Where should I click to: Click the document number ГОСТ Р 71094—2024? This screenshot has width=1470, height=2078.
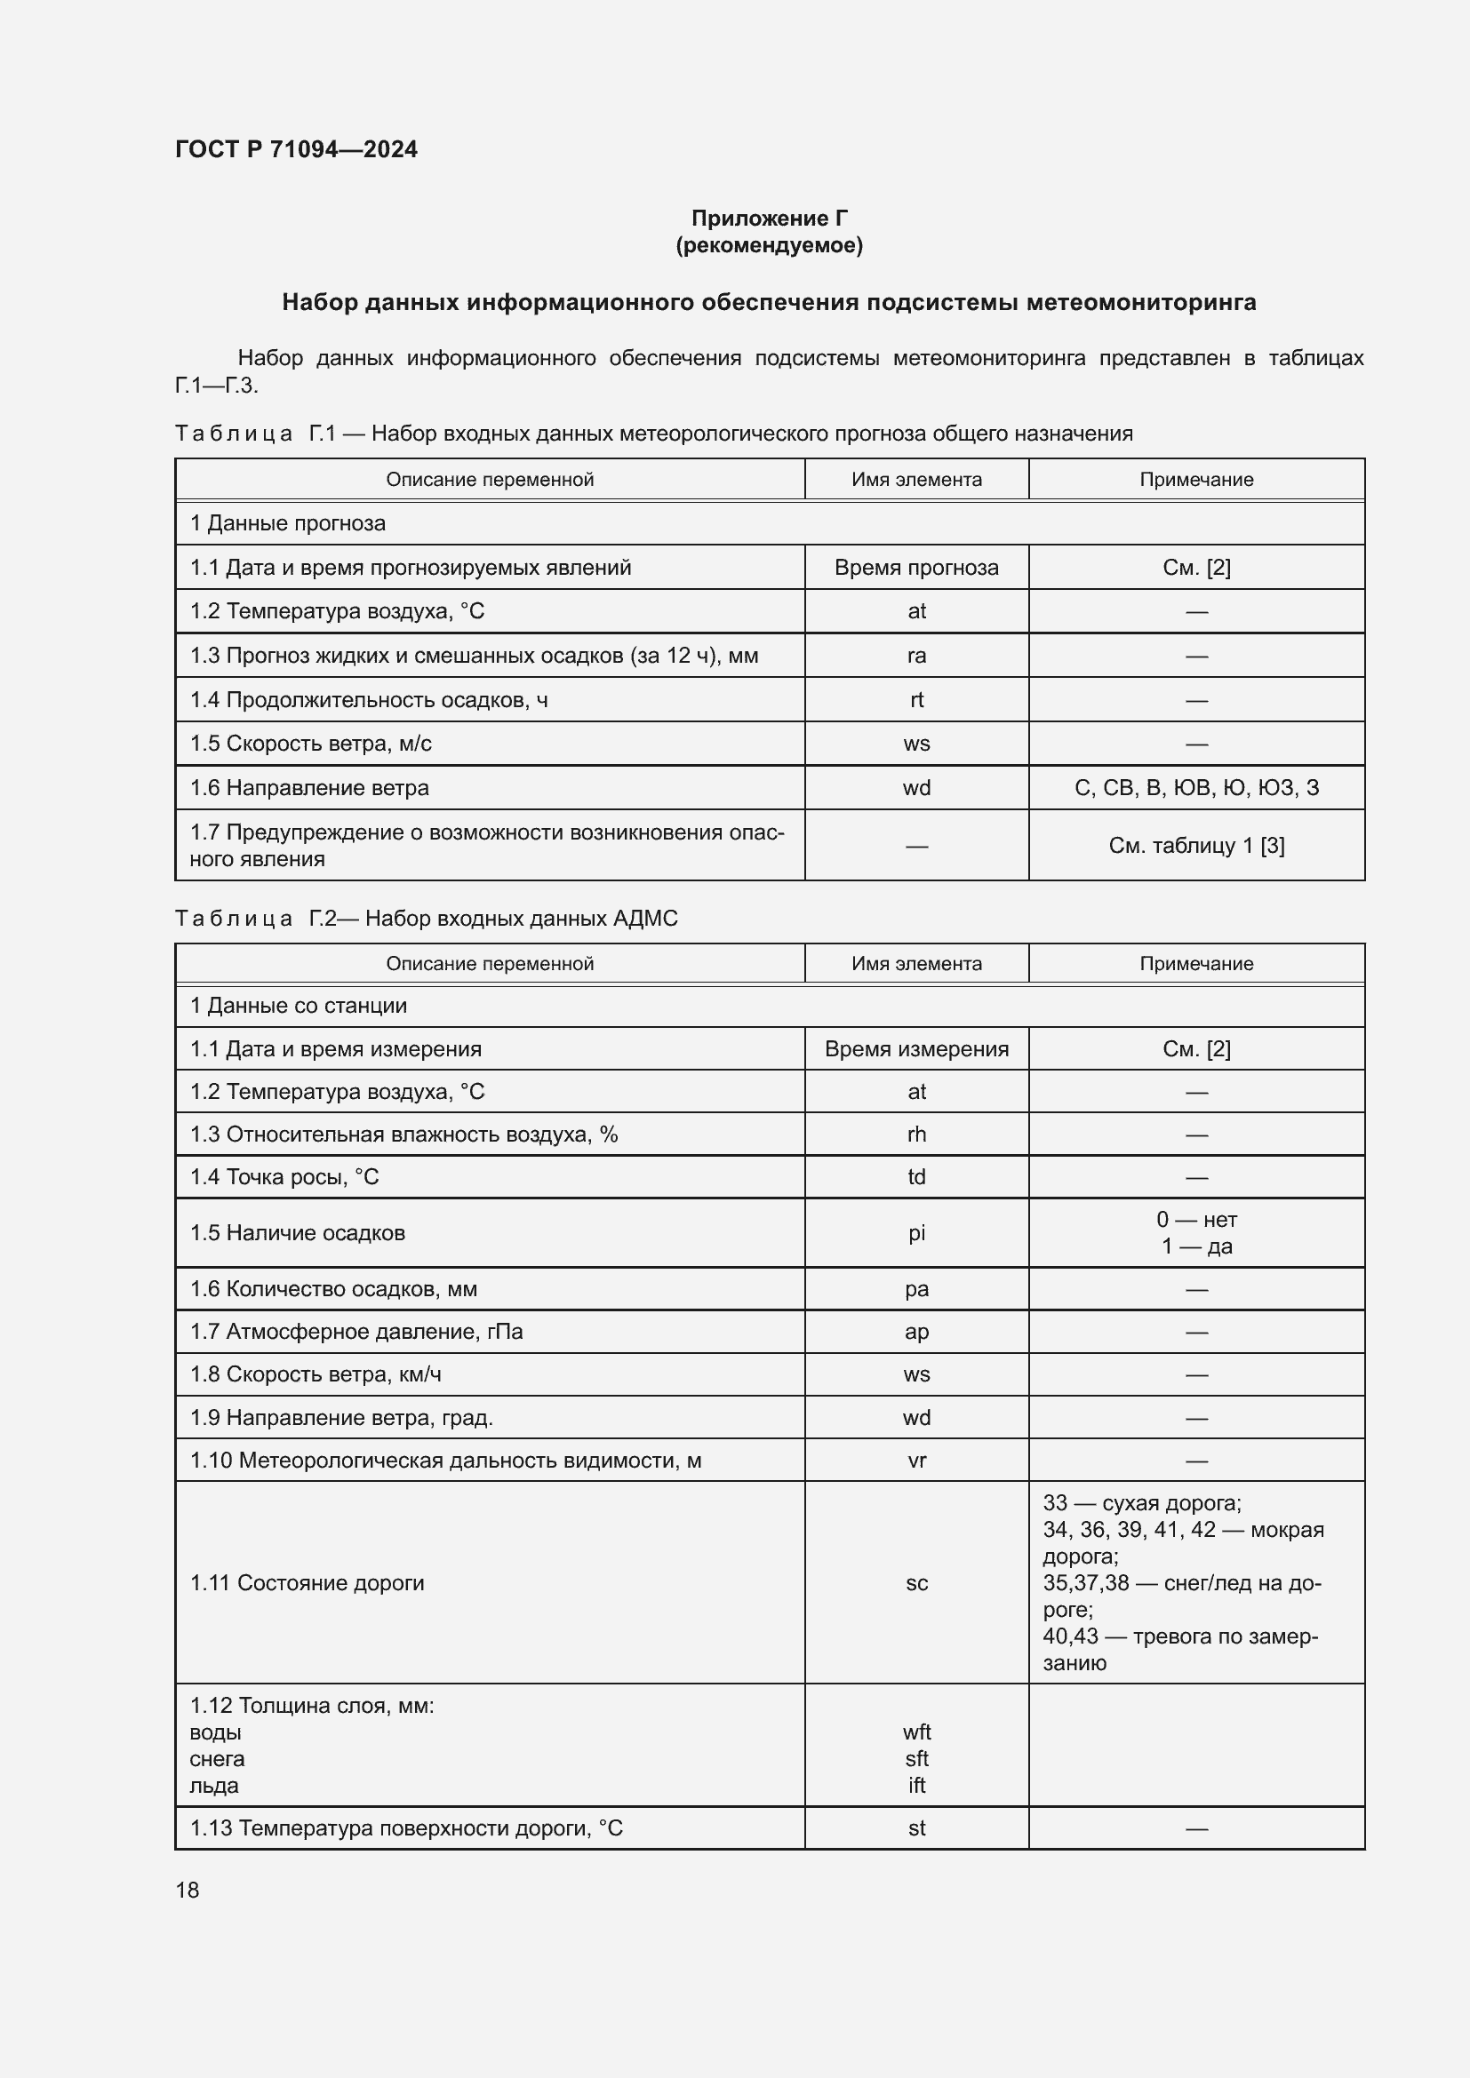point(296,149)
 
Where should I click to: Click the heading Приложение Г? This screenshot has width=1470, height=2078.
point(769,219)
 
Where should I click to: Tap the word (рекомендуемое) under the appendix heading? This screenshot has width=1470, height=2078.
point(769,245)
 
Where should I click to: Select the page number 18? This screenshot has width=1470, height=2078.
point(188,1890)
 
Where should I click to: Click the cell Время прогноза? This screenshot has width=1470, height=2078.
point(916,568)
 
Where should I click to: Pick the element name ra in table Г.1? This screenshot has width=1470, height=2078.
point(916,656)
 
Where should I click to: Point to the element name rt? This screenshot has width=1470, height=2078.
point(916,699)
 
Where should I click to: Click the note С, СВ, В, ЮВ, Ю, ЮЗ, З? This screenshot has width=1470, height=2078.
point(1195,787)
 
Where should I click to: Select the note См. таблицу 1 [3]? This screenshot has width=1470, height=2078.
point(1195,845)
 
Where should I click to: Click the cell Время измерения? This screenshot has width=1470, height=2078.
point(916,1049)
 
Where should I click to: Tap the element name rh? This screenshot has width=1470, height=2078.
point(916,1134)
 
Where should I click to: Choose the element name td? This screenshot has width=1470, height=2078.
point(916,1176)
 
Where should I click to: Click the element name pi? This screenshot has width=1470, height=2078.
point(916,1233)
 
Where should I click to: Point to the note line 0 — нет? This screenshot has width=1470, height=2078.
point(1195,1219)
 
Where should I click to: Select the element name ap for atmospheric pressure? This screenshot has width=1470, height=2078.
point(916,1332)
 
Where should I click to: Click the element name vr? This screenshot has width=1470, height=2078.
point(916,1461)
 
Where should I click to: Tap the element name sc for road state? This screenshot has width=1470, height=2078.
point(916,1583)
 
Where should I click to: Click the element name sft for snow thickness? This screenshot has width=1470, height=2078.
point(916,1758)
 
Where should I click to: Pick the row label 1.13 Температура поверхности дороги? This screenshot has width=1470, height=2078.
point(405,1828)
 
